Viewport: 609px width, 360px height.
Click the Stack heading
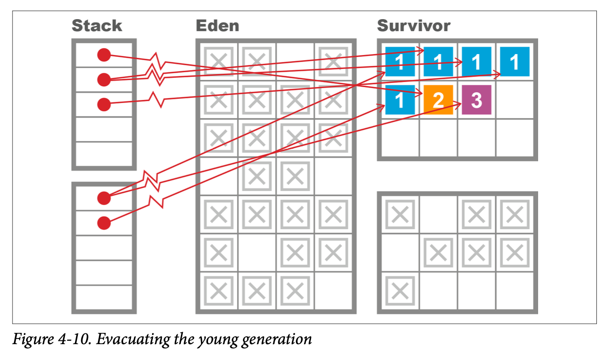97,25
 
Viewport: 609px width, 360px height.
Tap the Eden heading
217,25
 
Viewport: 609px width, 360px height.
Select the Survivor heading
414,25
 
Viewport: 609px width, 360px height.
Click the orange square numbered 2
438,100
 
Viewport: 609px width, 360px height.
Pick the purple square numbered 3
476,100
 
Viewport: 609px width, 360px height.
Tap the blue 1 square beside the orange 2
400,100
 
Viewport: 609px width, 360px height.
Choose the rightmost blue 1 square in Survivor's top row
515,62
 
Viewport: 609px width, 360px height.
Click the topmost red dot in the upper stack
104,55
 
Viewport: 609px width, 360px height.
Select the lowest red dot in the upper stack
104,104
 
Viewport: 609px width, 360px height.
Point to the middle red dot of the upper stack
104,80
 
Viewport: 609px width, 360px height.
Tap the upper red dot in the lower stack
104,198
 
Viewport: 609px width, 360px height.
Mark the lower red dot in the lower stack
104,223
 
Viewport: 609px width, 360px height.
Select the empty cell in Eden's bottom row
333,291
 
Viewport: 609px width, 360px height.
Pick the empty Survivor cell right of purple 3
515,100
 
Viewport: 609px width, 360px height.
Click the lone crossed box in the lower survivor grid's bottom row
400,291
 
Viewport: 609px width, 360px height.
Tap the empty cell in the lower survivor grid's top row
438,215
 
